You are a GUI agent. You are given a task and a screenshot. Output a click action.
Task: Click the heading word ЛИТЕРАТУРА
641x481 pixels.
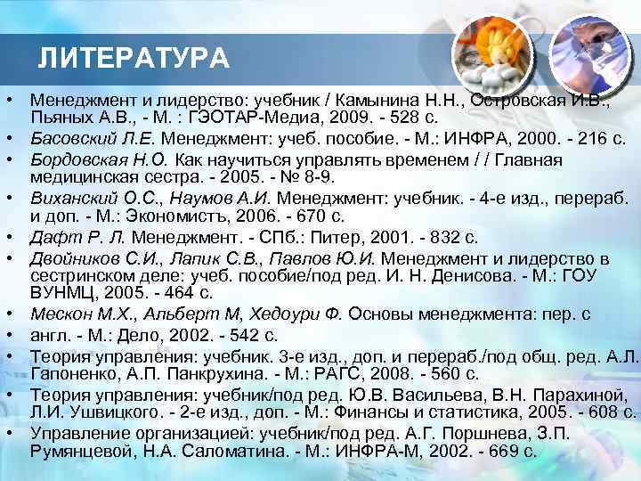pyautogui.click(x=134, y=60)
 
